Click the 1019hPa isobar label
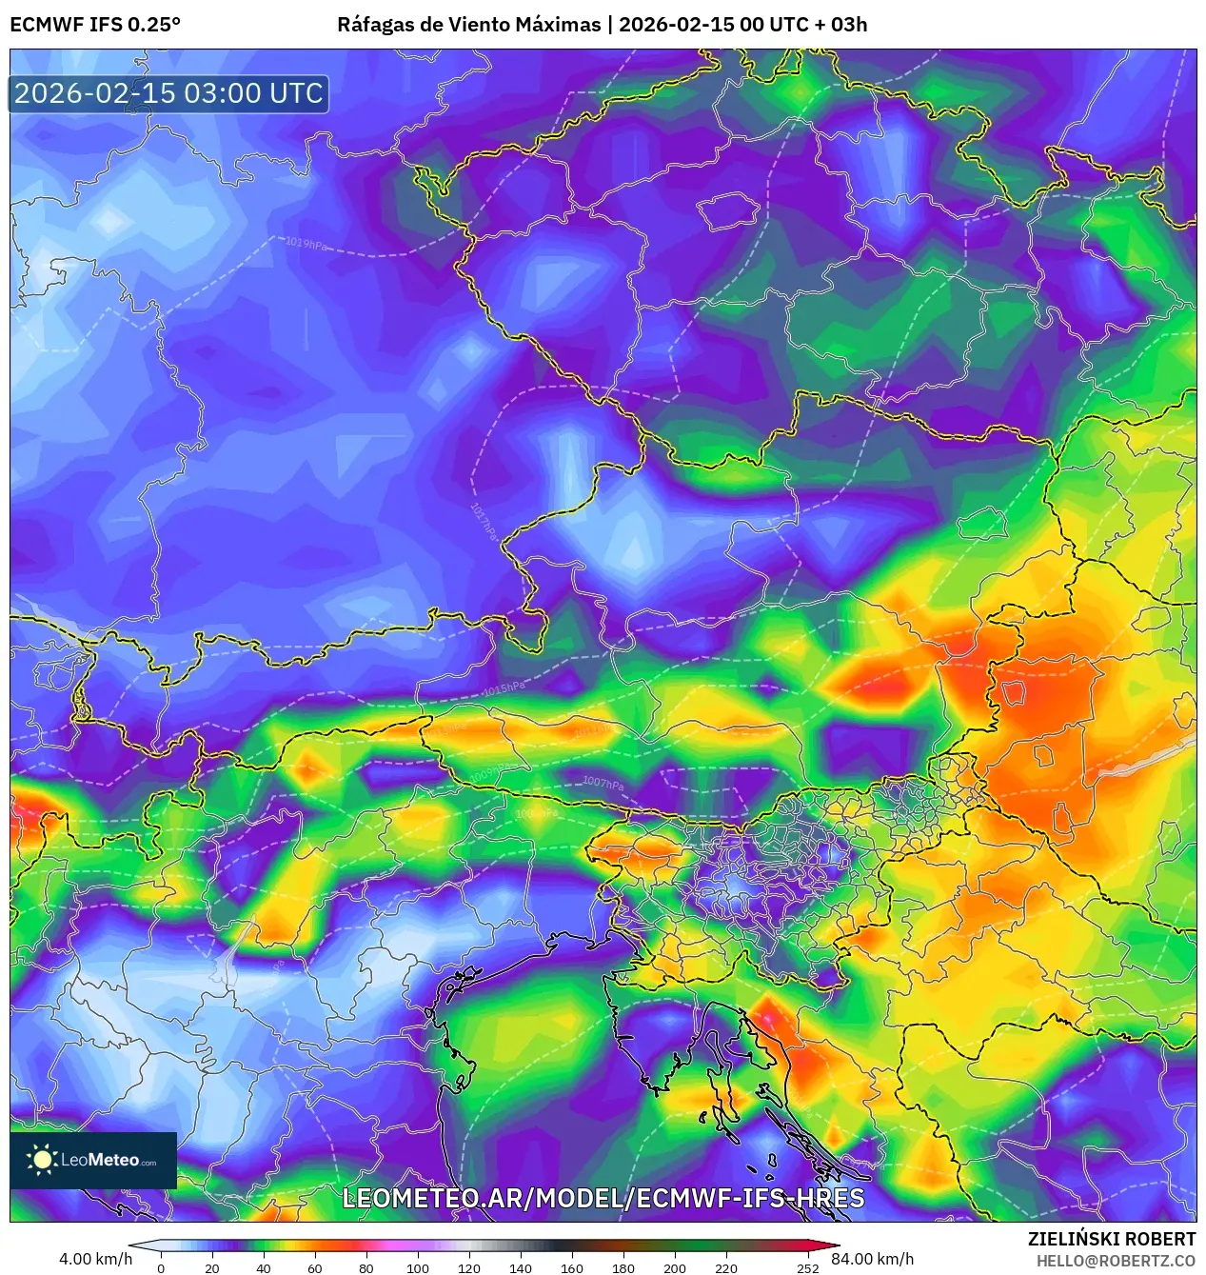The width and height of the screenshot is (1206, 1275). pos(306,243)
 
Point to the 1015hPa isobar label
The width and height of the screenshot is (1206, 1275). pos(504,687)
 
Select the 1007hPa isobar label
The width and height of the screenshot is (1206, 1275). pos(603,783)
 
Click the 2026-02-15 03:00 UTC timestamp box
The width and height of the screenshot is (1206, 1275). pos(168,93)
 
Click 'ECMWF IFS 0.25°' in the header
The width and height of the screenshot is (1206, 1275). pos(95,24)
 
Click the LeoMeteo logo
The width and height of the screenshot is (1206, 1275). pos(93,1160)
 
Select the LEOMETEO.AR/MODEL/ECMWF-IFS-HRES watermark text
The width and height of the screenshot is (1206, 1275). pos(603,1198)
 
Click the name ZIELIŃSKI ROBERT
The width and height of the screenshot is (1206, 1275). pos(1111,1239)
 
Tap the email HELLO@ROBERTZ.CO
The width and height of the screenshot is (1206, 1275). pos(1116,1261)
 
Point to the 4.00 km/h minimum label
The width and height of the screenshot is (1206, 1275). pos(95,1259)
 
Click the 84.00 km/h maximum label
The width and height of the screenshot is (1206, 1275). pos(873,1259)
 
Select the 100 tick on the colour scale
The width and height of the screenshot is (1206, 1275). pos(418,1267)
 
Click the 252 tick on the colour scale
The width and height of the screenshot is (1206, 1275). pos(808,1267)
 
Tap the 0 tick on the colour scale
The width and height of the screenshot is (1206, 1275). pos(161,1267)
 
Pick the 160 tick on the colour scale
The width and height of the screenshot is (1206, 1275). pos(572,1267)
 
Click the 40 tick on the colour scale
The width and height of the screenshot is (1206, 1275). pos(264,1267)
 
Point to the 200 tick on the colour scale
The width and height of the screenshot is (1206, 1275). pos(675,1267)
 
